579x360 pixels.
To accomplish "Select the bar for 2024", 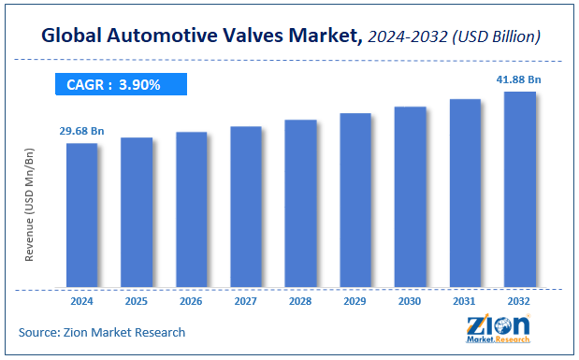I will [x=81, y=214].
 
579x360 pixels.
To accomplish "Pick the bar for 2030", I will [x=410, y=195].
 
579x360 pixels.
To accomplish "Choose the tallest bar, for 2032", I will [x=519, y=188].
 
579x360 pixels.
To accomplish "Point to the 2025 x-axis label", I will [x=137, y=302].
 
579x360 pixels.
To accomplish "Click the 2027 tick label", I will [x=246, y=302].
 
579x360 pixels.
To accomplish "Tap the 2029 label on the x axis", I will [x=355, y=302].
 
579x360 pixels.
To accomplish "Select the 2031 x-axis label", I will [x=465, y=302].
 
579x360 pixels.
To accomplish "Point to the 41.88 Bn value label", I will [x=520, y=80].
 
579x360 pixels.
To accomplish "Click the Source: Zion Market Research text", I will [x=102, y=332].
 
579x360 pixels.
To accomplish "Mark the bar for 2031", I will [x=465, y=192].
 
